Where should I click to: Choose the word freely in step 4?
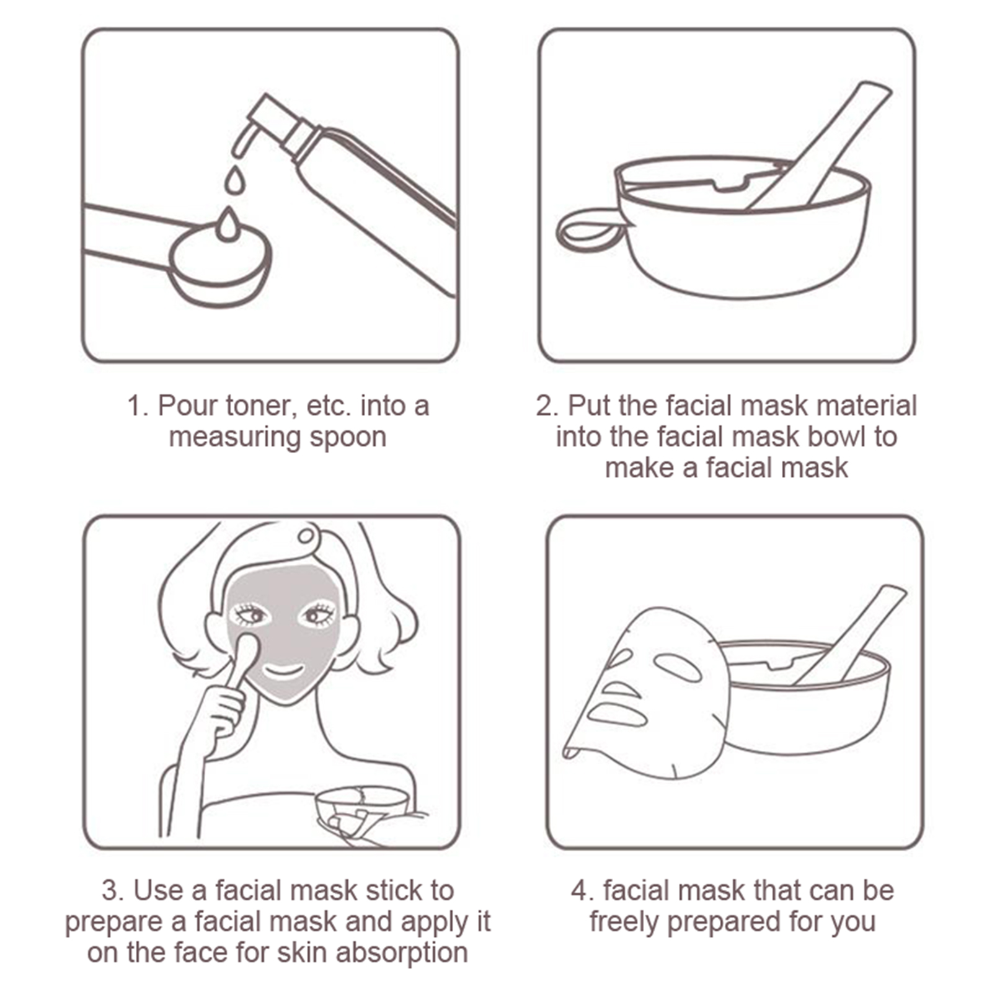pos(624,922)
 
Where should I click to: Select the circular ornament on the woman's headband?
pos(307,534)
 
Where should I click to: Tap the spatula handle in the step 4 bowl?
pos(852,632)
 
